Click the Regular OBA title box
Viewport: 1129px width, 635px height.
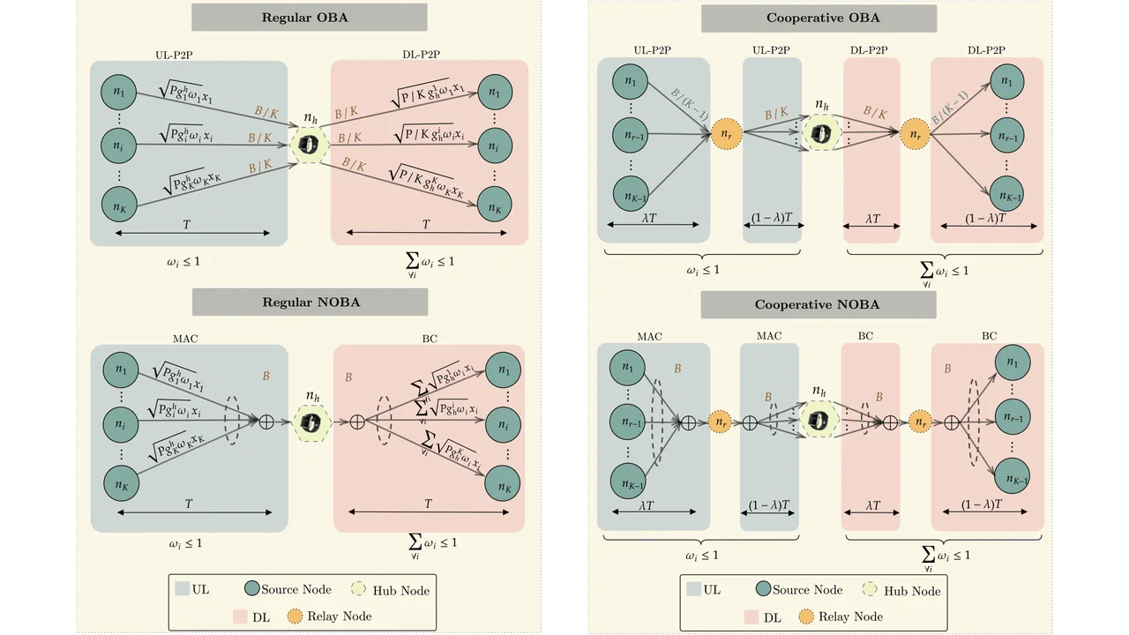(x=309, y=18)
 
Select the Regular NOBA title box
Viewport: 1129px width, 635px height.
(x=309, y=302)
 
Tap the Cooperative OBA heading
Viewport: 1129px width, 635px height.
(x=819, y=19)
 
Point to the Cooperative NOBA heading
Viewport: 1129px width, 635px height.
(x=819, y=305)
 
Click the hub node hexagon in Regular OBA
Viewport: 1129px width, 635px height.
(x=309, y=145)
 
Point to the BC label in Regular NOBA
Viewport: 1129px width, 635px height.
(x=429, y=336)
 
